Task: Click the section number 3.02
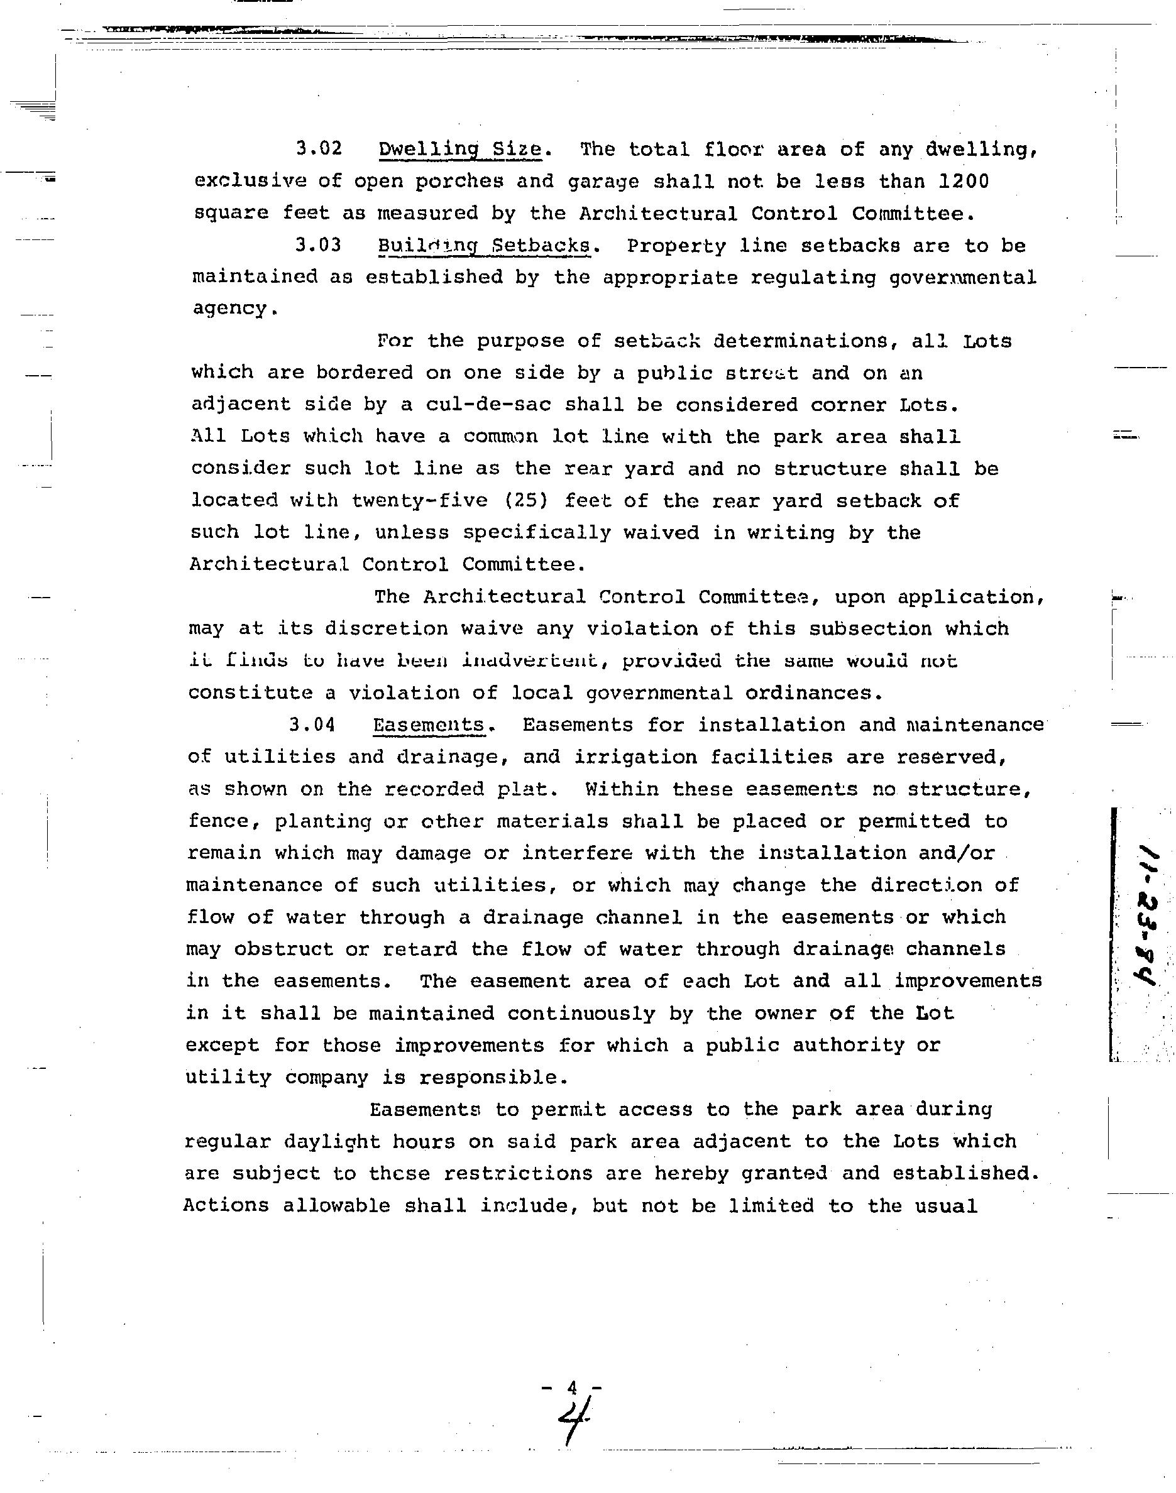point(318,149)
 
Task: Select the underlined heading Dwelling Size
point(460,150)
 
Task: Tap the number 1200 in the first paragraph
point(964,181)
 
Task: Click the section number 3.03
point(318,246)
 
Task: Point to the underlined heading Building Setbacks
point(484,246)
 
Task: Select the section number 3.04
point(312,725)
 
